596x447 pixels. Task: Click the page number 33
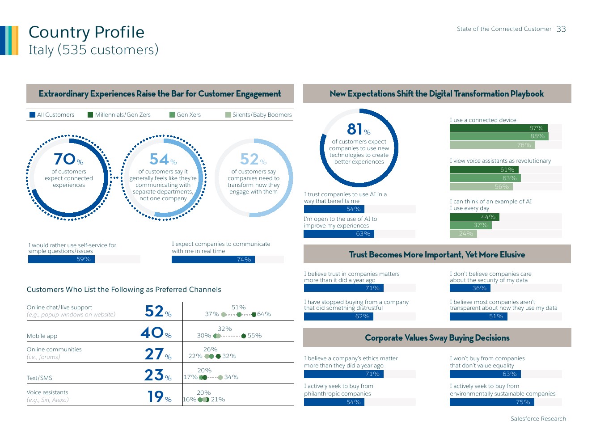[x=561, y=29]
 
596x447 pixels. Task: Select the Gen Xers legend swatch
[x=172, y=115]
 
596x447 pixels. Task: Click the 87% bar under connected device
[x=499, y=128]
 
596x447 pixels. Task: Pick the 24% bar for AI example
[x=463, y=234]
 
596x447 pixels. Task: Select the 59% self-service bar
[x=61, y=259]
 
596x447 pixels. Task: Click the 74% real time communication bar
[x=213, y=260]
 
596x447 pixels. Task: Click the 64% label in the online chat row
[x=264, y=314]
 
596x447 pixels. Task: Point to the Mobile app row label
[x=42, y=336]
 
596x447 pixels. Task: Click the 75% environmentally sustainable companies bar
[x=492, y=402]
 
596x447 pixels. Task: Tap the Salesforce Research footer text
[x=538, y=419]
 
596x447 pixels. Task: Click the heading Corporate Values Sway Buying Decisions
[x=437, y=338]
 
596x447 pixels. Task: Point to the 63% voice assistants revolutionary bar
[x=485, y=178]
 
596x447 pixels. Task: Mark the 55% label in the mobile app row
[x=254, y=336]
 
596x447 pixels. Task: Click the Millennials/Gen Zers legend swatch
[x=90, y=115]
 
